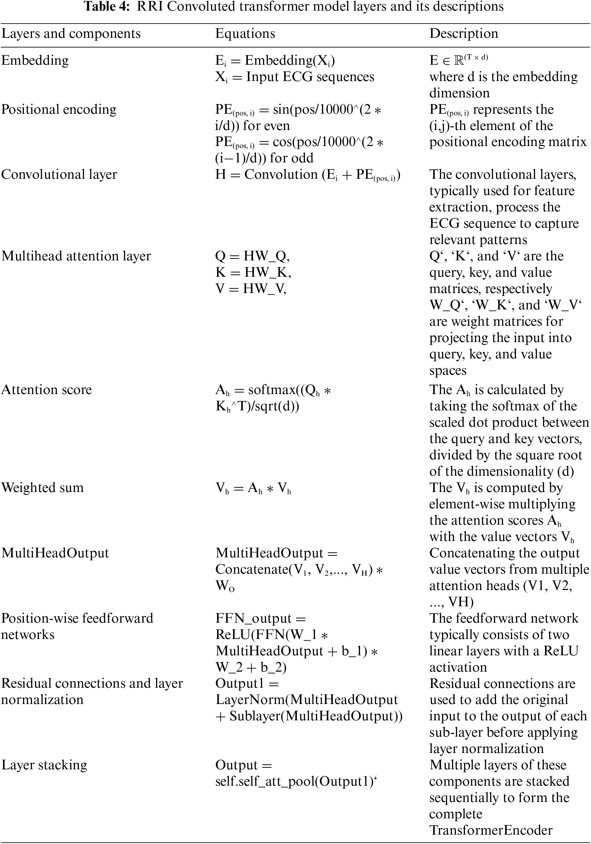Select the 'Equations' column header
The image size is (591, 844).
(x=245, y=34)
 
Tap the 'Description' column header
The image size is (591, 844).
(x=463, y=34)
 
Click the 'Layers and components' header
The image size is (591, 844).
(x=71, y=34)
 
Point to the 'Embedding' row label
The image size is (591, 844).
(x=35, y=60)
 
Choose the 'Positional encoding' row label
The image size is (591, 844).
(x=59, y=109)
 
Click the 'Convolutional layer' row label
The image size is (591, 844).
(x=59, y=174)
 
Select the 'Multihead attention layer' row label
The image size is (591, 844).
(x=76, y=256)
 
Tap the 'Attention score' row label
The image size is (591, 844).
(x=46, y=390)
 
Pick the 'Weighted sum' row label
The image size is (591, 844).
(x=42, y=487)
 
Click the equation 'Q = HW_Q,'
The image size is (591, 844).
(x=252, y=256)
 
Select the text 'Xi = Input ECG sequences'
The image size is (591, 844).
(x=294, y=77)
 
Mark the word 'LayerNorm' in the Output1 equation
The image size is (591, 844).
(x=250, y=699)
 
